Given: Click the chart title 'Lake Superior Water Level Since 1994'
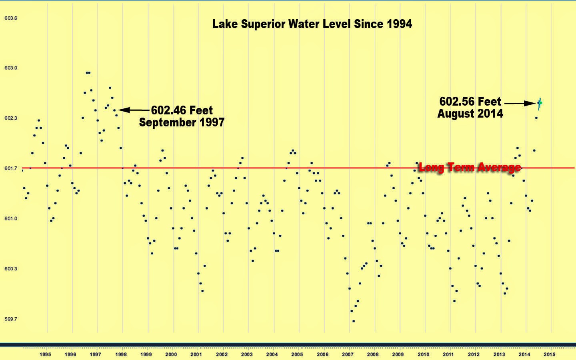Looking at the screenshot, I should click(312, 24).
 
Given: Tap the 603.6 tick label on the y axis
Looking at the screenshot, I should click(11, 18).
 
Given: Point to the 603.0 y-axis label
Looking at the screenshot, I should click(11, 68).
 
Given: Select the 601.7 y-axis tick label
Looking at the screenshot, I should click(11, 168).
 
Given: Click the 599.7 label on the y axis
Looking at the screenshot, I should click(11, 319).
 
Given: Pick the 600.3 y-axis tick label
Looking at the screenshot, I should click(11, 269).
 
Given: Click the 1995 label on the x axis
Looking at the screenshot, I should click(45, 354).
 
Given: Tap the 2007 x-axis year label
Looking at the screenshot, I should click(348, 354).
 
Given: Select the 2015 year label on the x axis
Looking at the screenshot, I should click(549, 354).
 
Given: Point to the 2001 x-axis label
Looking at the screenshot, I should click(196, 354).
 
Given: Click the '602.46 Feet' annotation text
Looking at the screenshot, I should click(182, 110).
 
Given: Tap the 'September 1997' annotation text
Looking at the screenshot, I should click(182, 122).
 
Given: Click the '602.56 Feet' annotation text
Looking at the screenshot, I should click(470, 102).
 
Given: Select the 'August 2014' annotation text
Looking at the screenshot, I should click(470, 114).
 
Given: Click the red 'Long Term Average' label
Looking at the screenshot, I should click(470, 167).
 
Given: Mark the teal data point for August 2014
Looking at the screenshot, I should click(540, 103).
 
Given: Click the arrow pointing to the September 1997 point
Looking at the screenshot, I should click(134, 110).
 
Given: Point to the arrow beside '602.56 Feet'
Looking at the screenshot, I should click(520, 103).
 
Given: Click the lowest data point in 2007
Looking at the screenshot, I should click(354, 321).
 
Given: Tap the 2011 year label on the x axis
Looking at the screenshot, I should click(448, 354).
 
